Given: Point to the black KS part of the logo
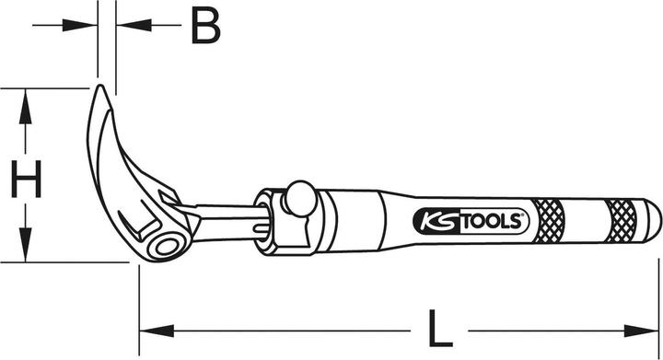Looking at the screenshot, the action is (x=434, y=221).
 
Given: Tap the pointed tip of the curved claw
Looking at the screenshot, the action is (x=100, y=88).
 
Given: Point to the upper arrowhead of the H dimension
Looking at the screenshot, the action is (x=27, y=101).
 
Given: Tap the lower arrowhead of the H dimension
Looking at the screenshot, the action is (x=27, y=250).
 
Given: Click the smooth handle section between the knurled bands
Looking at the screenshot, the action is (x=586, y=219).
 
